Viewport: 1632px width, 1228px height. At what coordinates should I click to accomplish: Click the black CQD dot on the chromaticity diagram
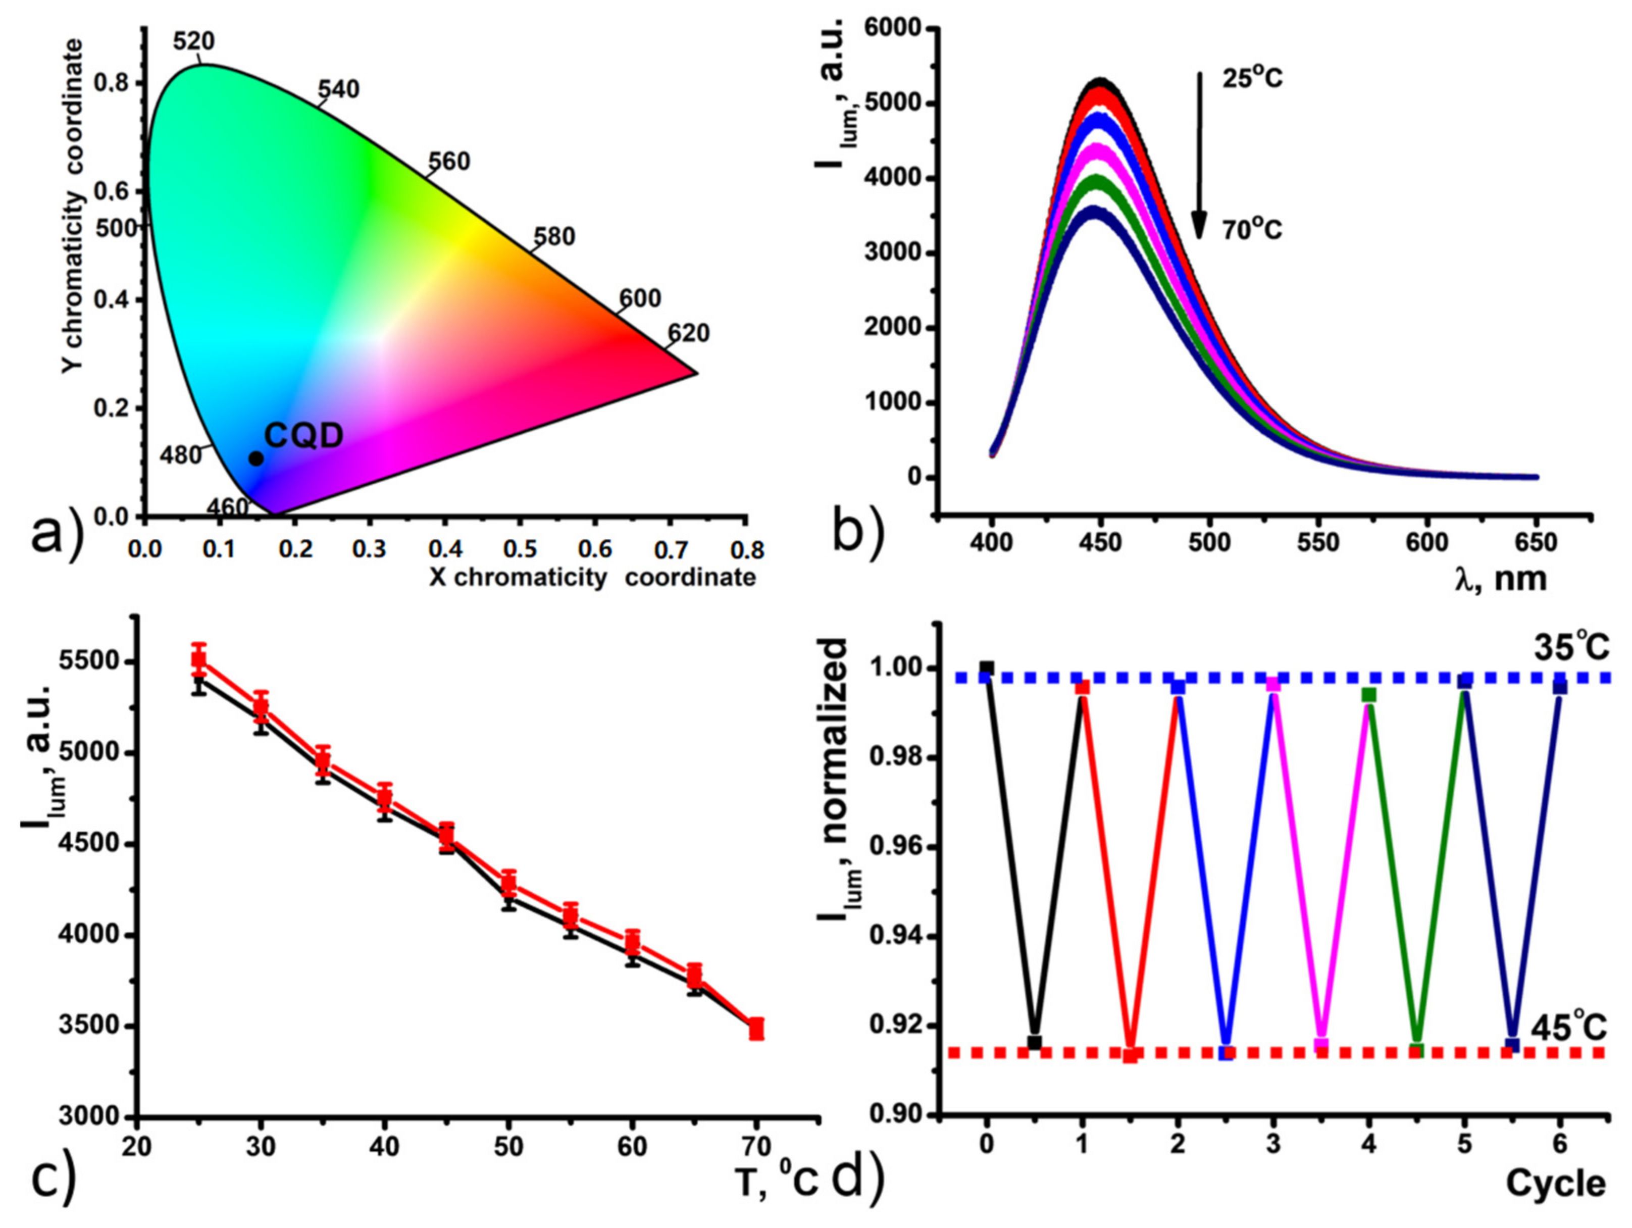[x=256, y=458]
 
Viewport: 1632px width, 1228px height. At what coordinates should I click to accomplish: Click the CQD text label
[x=304, y=436]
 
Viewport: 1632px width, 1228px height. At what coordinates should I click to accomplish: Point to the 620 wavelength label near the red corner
[x=688, y=334]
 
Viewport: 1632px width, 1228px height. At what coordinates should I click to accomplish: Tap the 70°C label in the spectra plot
[x=1253, y=230]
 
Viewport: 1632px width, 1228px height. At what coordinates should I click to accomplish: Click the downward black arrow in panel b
[x=1200, y=155]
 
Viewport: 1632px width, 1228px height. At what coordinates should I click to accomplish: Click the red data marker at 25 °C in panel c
[x=198, y=659]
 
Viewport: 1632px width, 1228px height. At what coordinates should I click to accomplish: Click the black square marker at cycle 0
[x=987, y=668]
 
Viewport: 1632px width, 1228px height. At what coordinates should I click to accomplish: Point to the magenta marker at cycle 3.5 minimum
[x=1321, y=1044]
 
